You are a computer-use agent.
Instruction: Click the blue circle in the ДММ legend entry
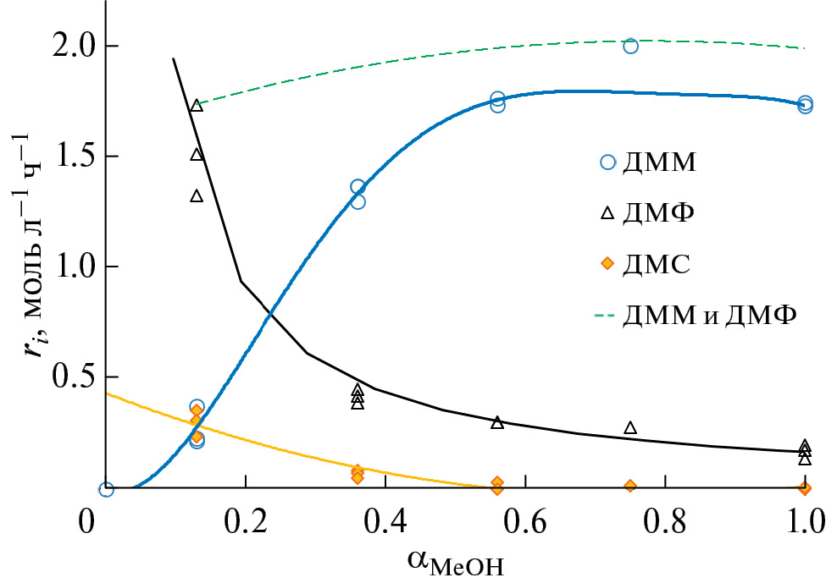(x=607, y=162)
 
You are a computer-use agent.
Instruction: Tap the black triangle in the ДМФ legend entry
(x=607, y=213)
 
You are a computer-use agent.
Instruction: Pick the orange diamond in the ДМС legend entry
(x=607, y=264)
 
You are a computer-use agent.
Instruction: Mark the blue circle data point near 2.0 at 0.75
(x=630, y=46)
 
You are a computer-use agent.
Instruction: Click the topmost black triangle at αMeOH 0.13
(x=197, y=106)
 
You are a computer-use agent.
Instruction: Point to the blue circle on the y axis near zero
(x=106, y=489)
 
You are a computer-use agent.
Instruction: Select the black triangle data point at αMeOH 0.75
(x=630, y=428)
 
